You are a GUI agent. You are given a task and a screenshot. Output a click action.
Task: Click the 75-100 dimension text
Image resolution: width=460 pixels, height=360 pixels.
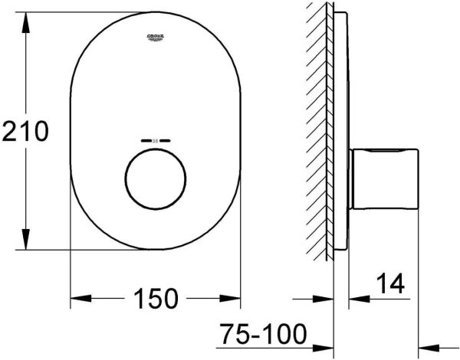[x=262, y=335]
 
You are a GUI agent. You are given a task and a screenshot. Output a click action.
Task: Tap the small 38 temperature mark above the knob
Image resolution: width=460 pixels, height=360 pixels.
[x=156, y=142]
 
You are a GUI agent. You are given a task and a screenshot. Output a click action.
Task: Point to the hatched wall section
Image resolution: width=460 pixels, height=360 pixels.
[x=317, y=130]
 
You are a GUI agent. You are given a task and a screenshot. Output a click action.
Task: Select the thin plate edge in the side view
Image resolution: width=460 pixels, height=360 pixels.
[x=337, y=130]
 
